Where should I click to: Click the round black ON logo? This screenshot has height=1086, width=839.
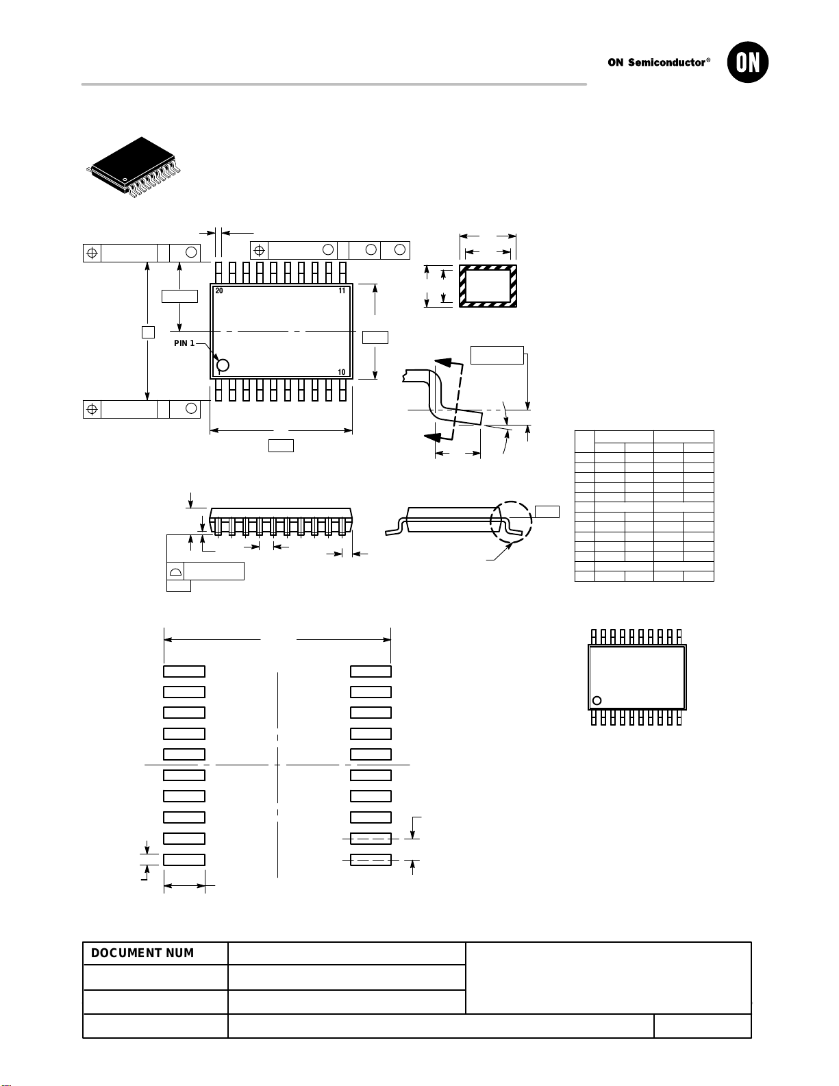tap(748, 62)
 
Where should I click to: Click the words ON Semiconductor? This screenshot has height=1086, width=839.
tap(656, 62)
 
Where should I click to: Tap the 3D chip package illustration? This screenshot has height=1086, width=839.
tap(133, 167)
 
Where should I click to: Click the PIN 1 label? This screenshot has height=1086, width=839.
tap(184, 343)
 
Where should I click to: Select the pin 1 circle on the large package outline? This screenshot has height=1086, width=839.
tap(223, 365)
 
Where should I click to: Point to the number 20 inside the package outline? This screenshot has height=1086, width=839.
tap(218, 291)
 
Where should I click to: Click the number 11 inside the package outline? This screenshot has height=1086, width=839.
tap(342, 291)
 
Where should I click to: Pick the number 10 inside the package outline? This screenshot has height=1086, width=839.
tap(342, 372)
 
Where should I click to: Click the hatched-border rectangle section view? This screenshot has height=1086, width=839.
tap(488, 286)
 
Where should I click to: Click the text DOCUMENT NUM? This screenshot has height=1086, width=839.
tap(142, 953)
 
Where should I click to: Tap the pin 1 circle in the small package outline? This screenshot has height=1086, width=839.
tap(597, 701)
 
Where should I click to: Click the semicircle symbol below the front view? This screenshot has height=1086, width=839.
tap(176, 571)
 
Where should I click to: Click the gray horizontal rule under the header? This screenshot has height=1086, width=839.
tap(334, 84)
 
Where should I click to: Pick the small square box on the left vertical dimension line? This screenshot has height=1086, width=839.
tap(149, 332)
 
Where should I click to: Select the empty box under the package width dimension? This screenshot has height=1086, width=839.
tap(281, 446)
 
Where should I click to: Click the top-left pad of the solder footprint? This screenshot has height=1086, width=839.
tap(184, 671)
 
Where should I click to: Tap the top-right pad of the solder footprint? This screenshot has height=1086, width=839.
tap(371, 671)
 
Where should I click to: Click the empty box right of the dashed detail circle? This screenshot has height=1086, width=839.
tap(547, 512)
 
